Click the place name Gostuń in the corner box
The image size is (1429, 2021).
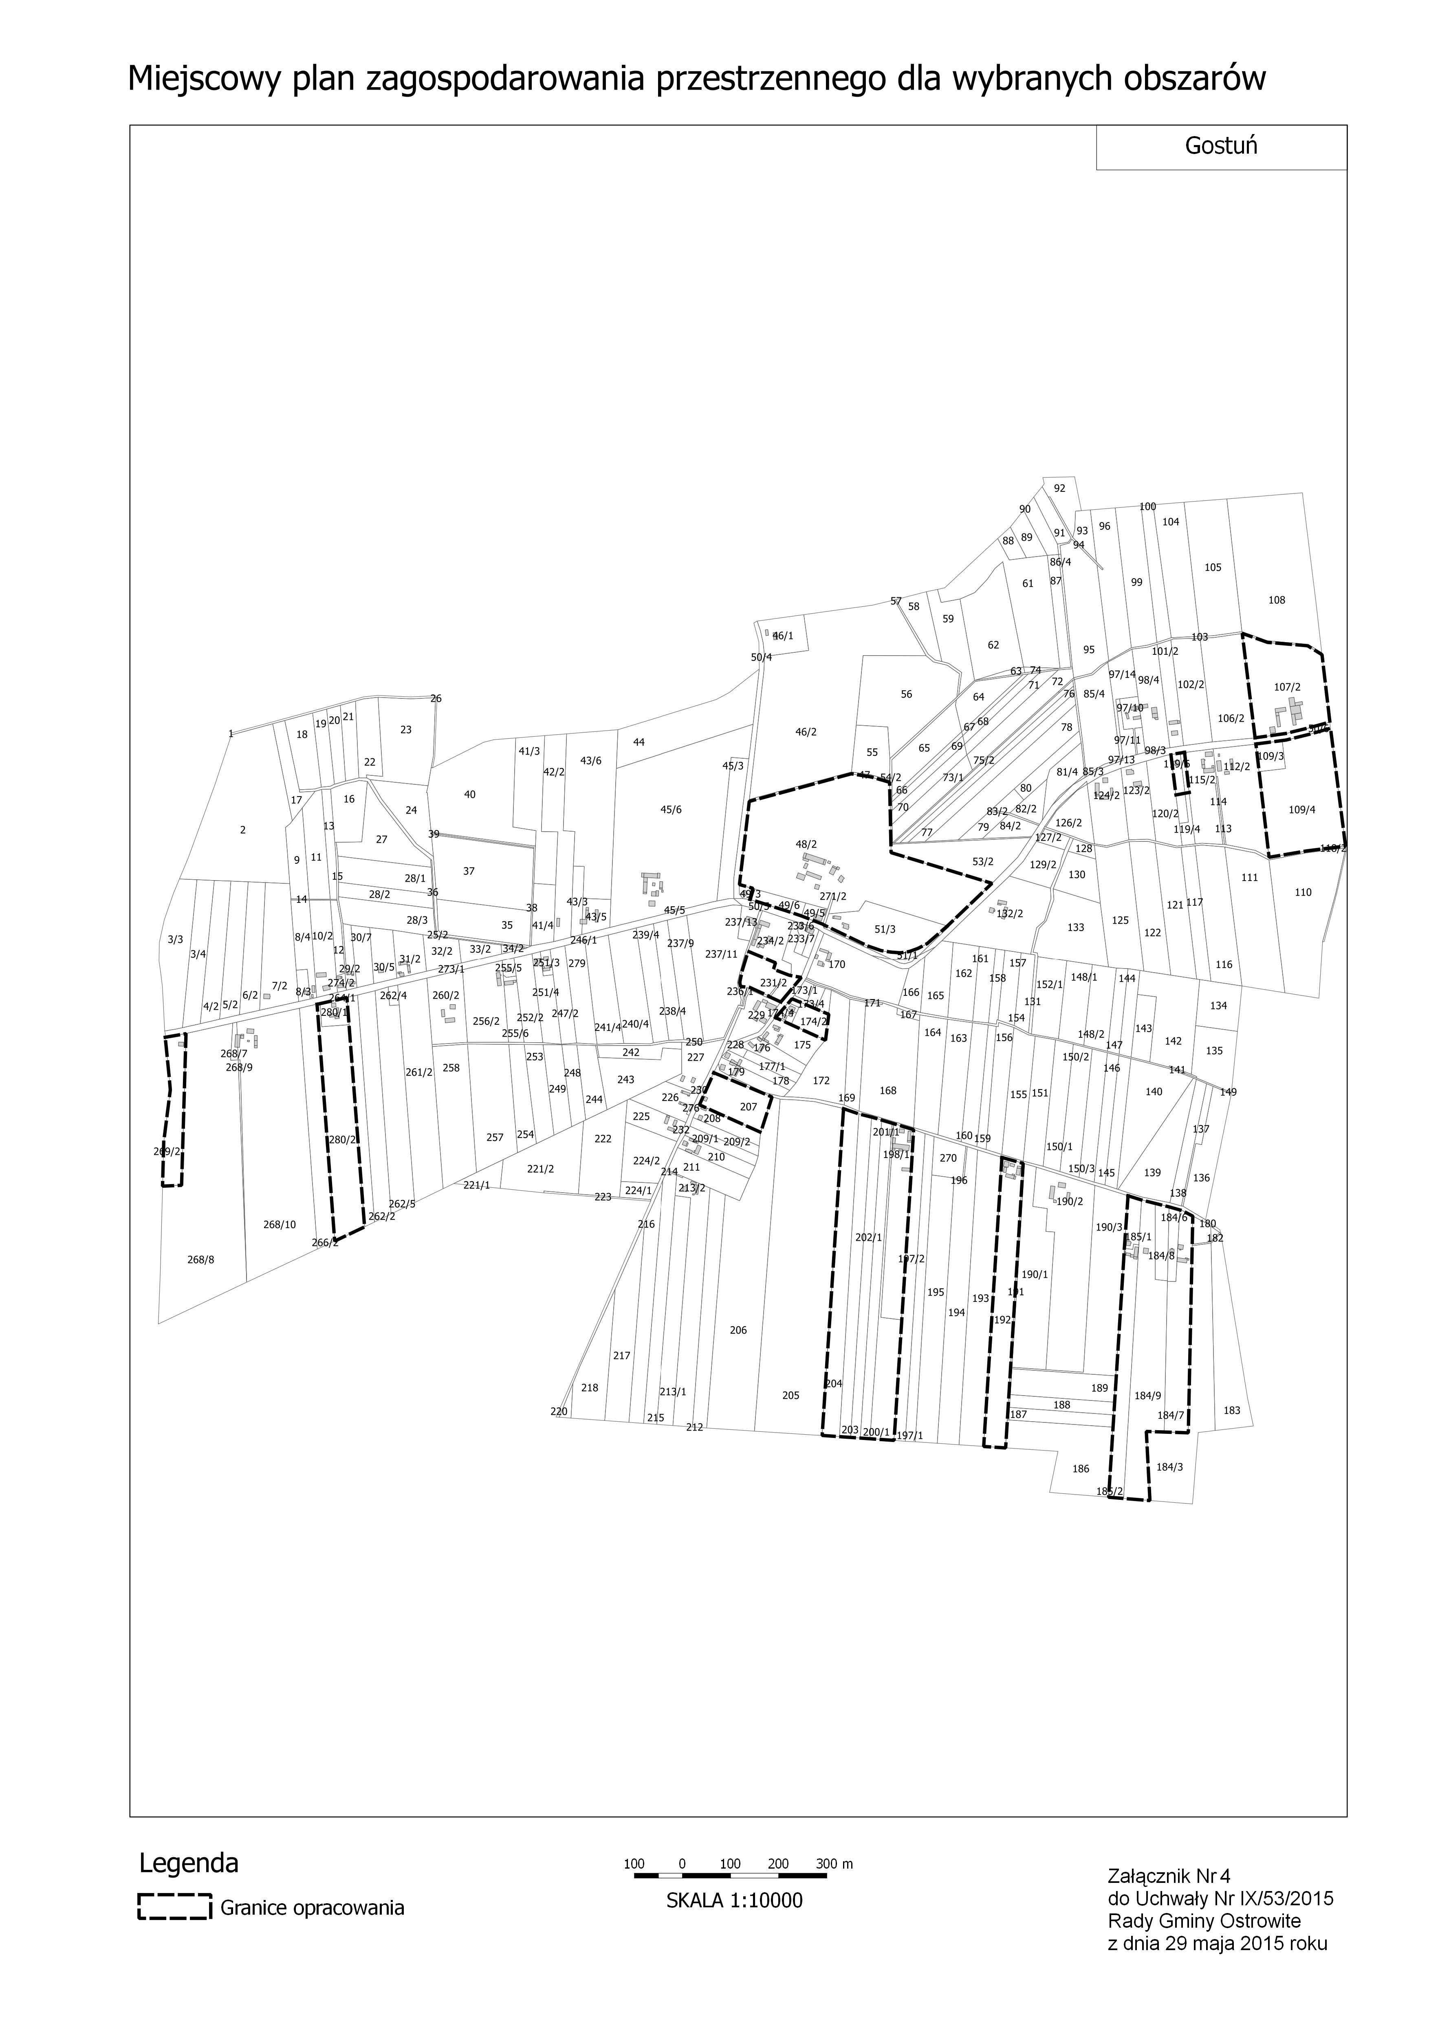point(1220,146)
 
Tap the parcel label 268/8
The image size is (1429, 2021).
point(201,1259)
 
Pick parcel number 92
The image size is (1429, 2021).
point(1059,489)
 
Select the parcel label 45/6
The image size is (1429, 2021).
point(671,810)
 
